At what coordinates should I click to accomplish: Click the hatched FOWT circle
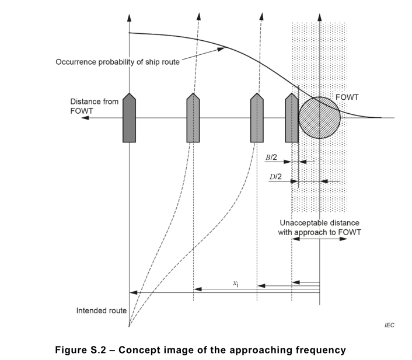320,118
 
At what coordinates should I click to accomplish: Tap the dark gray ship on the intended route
130,118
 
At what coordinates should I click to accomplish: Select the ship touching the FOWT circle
292,118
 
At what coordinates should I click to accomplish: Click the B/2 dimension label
271,158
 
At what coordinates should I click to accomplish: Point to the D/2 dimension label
275,177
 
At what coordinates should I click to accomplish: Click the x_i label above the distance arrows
236,284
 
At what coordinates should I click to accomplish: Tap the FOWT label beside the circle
347,97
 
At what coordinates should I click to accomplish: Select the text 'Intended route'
102,310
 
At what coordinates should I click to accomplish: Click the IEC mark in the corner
389,326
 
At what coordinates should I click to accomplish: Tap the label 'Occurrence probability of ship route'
117,62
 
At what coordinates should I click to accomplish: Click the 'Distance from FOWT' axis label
95,106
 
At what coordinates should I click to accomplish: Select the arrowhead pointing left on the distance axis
85,118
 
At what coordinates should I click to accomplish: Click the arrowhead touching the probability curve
221,49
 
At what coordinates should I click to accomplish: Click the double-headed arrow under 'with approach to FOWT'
320,239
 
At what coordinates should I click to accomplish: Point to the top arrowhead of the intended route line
129,18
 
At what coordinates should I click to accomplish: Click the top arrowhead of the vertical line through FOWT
320,18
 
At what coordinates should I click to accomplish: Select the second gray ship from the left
193,118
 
